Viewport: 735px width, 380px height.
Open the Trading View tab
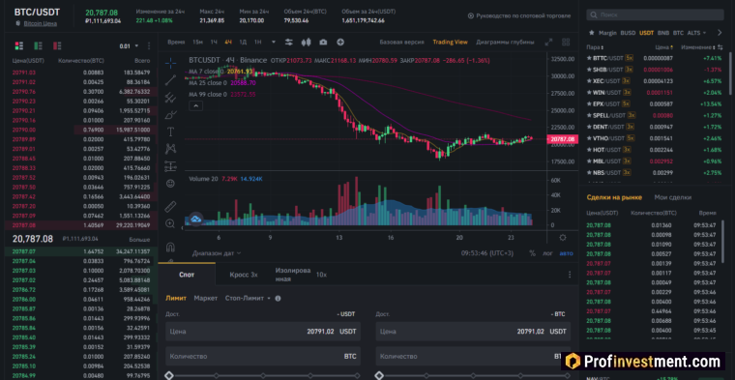pyautogui.click(x=450, y=43)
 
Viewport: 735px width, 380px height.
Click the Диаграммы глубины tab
pyautogui.click(x=505, y=43)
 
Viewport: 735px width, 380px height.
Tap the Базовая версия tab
pyautogui.click(x=401, y=43)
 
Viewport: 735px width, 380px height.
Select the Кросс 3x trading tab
pyautogui.click(x=243, y=275)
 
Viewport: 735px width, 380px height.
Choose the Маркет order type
pyautogui.click(x=205, y=298)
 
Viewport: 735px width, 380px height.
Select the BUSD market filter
pyautogui.click(x=629, y=32)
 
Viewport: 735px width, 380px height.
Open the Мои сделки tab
pyautogui.click(x=673, y=197)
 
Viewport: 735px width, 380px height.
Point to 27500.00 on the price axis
pyautogui.click(x=562, y=93)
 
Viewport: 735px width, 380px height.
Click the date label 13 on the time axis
pyautogui.click(x=338, y=236)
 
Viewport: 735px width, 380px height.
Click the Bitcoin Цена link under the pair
pyautogui.click(x=39, y=21)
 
